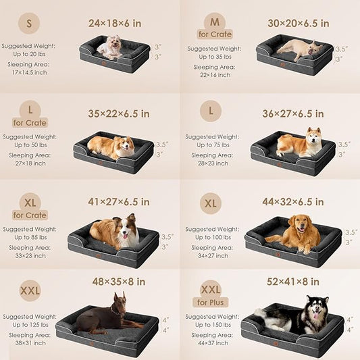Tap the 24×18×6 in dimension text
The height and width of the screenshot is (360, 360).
[x=115, y=23]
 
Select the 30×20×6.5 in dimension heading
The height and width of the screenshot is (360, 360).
[x=298, y=23]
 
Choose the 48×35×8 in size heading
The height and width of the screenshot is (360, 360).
[x=119, y=280]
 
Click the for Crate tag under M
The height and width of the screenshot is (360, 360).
[x=214, y=34]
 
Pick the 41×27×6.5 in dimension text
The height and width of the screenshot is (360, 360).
[x=119, y=201]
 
